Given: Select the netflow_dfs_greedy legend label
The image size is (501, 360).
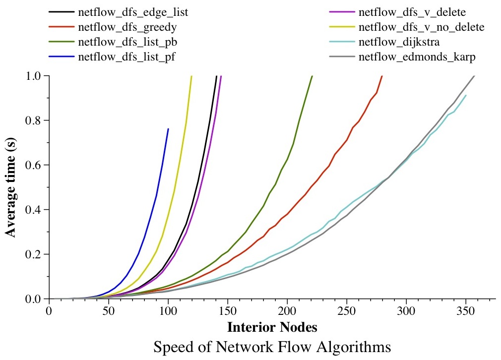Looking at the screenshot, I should click(x=127, y=26).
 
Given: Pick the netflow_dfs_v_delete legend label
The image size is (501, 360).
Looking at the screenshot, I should click(x=405, y=11).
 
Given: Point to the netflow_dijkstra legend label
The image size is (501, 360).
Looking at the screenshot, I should click(x=399, y=42).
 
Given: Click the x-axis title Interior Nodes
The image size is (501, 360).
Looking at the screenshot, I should click(x=272, y=327).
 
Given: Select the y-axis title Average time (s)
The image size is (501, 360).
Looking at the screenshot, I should click(x=12, y=187).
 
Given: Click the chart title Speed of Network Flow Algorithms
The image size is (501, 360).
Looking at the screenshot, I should click(x=272, y=347).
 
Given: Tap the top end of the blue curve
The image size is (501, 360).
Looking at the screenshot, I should click(x=168, y=129).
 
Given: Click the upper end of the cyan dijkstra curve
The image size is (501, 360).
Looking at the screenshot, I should click(x=466, y=95).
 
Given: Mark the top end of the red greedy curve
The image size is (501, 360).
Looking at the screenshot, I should click(x=382, y=76).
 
